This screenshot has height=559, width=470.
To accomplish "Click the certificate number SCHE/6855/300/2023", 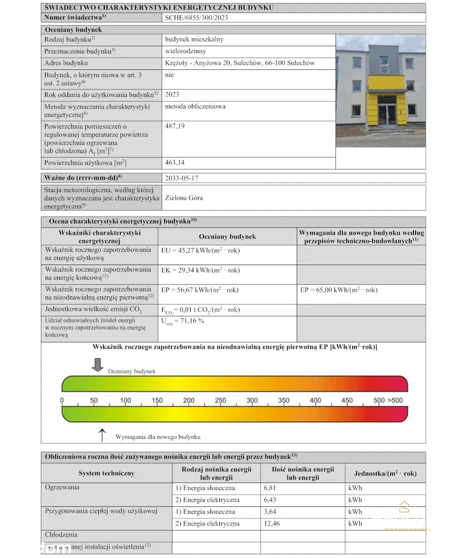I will (x=196, y=17).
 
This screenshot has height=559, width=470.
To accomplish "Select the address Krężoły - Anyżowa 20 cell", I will (x=240, y=63).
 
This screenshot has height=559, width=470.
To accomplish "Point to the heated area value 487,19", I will (x=176, y=126).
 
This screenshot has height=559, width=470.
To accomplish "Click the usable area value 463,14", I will (x=176, y=163).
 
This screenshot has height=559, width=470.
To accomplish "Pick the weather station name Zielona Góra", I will (x=183, y=198).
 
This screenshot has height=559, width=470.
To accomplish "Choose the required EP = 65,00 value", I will (x=338, y=290).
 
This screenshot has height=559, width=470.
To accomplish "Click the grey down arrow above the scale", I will (x=98, y=364).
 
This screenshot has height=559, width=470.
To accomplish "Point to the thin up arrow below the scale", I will (x=102, y=435).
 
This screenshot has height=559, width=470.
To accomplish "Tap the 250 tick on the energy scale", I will (x=221, y=400).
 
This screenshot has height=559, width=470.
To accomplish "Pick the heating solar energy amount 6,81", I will (x=271, y=487).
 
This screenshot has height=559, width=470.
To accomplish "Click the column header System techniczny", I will (x=106, y=473).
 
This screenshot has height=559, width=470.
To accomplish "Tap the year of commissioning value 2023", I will (x=172, y=94).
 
